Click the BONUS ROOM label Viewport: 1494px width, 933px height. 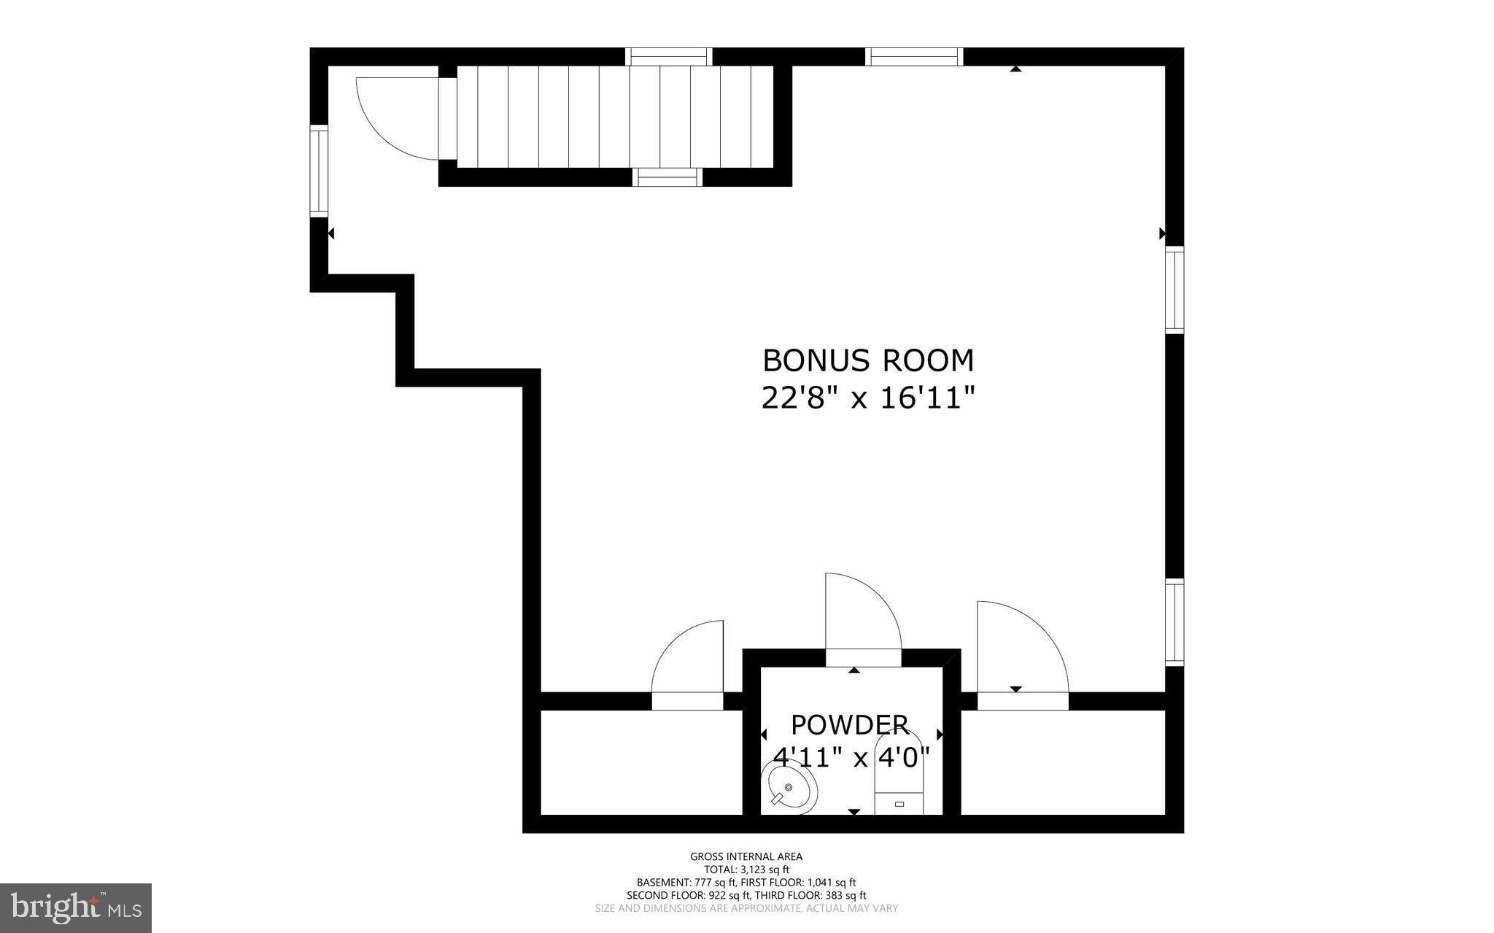tap(867, 360)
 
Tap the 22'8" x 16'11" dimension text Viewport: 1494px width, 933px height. tap(867, 398)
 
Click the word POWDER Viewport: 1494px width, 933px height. tap(850, 725)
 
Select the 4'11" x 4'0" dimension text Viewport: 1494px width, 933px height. tap(851, 757)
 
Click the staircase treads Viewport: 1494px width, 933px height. tap(613, 117)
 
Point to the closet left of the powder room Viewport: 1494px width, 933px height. tap(640, 762)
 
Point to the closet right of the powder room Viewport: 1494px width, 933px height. tap(1061, 762)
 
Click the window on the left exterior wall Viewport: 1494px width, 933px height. tap(319, 170)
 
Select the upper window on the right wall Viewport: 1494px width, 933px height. tap(1174, 290)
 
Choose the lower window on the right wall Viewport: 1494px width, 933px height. tap(1174, 622)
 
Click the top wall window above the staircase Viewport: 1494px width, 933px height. tap(668, 57)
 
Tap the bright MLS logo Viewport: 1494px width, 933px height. tap(75, 907)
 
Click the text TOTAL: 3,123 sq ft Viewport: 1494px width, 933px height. tap(746, 870)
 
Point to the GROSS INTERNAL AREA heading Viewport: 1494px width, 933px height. tap(746, 856)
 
